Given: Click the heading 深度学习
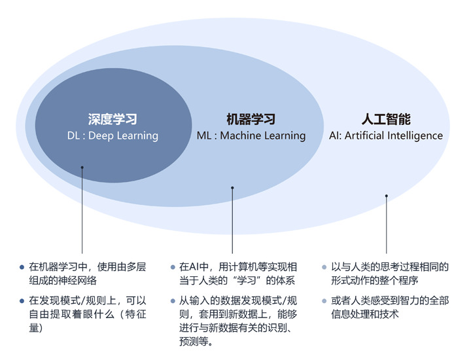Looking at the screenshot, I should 113,120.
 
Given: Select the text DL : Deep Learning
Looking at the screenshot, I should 113,136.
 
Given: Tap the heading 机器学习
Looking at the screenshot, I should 251,120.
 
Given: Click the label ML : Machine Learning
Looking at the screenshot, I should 251,136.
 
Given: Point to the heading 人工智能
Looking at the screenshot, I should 386,120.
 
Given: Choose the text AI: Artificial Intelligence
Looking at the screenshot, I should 386,136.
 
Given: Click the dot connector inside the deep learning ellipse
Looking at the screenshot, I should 82,168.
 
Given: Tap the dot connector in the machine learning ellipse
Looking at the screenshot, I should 232,189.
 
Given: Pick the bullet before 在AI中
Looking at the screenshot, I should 172,267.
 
